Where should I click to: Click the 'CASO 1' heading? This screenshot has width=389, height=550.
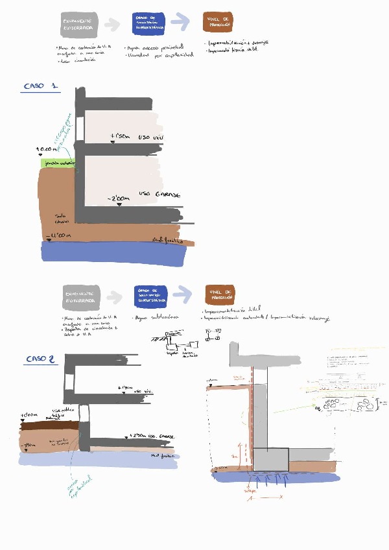41,86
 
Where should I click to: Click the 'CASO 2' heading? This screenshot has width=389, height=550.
40,359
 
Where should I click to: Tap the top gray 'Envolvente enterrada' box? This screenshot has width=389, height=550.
79,25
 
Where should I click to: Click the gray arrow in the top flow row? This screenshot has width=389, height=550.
113,25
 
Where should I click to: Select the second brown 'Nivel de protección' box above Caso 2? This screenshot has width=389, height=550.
220,294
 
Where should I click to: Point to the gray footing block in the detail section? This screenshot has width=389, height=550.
270,459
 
